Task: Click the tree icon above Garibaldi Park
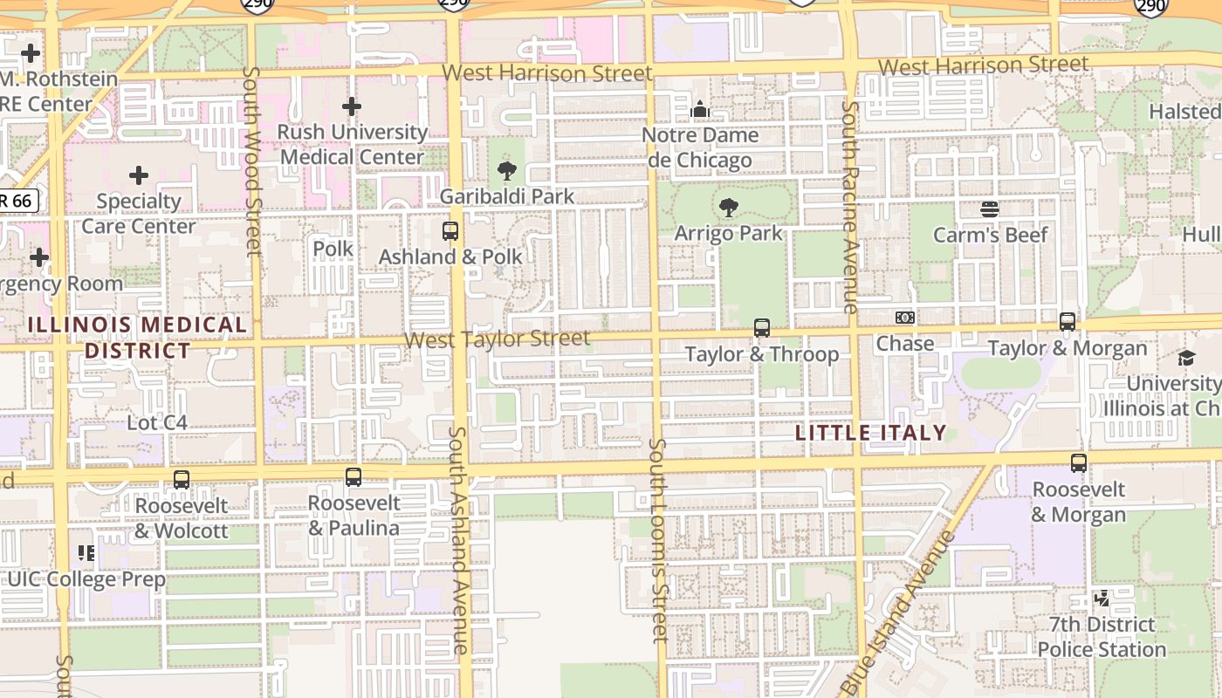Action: tap(506, 170)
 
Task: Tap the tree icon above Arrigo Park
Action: tap(728, 208)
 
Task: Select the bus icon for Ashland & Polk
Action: tap(450, 231)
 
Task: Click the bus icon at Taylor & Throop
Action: tap(762, 328)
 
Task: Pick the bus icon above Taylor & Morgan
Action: tap(1067, 321)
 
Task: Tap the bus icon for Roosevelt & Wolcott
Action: tap(181, 479)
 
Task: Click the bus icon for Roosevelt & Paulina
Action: tap(353, 476)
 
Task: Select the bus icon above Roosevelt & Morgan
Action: tap(1079, 462)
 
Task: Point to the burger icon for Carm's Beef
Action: tap(989, 209)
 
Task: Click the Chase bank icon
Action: tap(905, 318)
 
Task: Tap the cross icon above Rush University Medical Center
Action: tap(351, 106)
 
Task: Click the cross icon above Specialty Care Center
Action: tap(138, 175)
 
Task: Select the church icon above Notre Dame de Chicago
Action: tap(699, 110)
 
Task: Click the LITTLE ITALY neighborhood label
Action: tap(871, 433)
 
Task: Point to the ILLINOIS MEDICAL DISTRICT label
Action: tap(137, 338)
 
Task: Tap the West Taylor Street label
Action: tap(498, 339)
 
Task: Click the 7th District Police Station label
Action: tap(1102, 637)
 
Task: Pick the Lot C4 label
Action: tap(157, 423)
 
